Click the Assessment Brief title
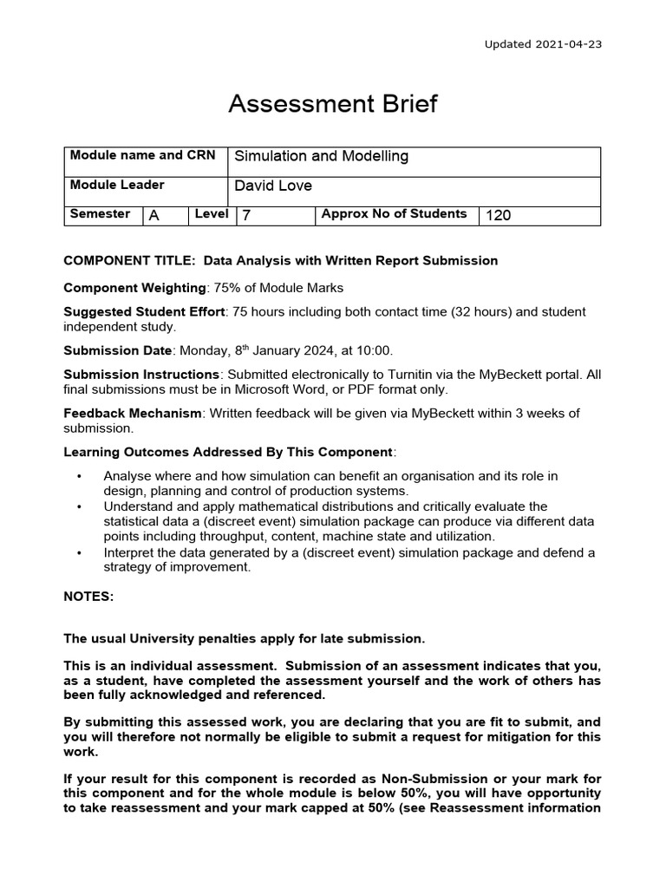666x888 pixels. [332, 105]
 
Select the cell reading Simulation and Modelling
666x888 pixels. [322, 157]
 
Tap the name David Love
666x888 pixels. [273, 186]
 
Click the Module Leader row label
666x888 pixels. [116, 185]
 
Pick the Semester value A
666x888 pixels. [154, 215]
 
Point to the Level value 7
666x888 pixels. [247, 215]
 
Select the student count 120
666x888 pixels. [499, 215]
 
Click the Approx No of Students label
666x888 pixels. [394, 214]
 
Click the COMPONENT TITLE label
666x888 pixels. [121, 260]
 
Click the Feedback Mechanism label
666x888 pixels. [132, 413]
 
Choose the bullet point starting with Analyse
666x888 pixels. [81, 476]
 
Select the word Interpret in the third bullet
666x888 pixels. [130, 552]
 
